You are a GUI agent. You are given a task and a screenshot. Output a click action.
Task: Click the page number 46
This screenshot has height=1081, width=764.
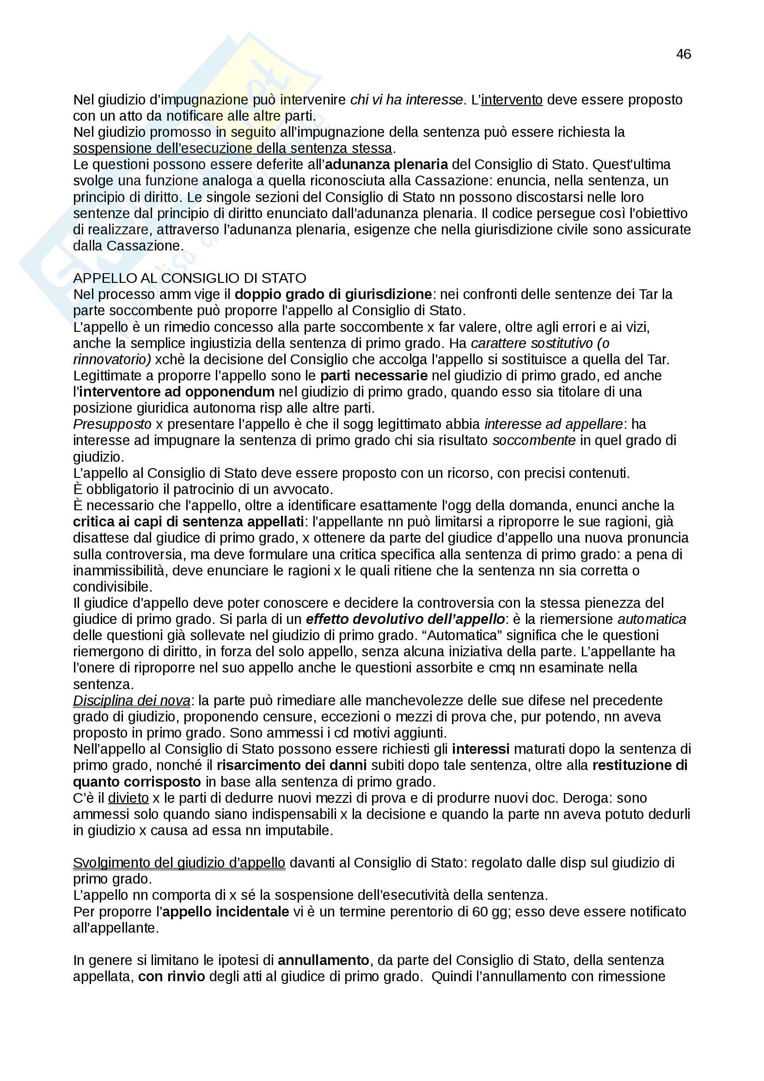coord(684,54)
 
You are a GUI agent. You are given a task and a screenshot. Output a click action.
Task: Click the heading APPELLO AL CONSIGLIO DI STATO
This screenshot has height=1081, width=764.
coord(189,278)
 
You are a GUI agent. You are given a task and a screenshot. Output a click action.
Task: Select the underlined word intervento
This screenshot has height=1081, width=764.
coord(512,100)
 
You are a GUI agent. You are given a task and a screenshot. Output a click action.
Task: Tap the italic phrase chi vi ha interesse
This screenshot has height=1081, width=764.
coord(406,100)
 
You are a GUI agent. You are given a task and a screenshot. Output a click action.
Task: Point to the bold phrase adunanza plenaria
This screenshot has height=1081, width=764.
coord(386,165)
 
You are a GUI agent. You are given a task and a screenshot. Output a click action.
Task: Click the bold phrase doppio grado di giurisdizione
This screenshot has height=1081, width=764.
coord(333,294)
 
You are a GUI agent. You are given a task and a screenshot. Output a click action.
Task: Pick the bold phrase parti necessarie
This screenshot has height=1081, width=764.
coord(374,375)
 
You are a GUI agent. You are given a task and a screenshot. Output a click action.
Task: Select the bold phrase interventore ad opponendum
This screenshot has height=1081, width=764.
coord(177,392)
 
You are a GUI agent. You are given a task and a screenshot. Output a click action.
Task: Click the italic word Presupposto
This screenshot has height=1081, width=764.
coord(112,424)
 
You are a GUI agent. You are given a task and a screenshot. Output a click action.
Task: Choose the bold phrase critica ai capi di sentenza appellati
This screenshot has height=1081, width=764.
coord(188,522)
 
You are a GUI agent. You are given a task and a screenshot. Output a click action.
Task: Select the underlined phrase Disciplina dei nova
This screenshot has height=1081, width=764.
coord(131,701)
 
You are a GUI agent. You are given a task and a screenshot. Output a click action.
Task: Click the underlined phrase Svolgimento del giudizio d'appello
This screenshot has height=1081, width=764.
coord(179,862)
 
